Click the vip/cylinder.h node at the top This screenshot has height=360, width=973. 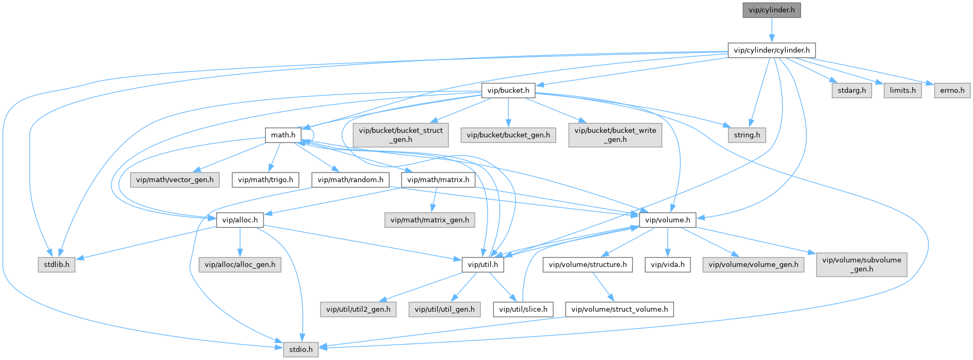(x=772, y=10)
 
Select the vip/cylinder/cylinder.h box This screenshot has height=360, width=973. (x=772, y=50)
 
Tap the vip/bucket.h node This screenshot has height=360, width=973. (x=508, y=90)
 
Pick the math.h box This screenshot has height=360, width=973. (x=283, y=135)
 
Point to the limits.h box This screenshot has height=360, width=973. (x=903, y=90)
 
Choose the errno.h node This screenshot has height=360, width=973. (x=952, y=90)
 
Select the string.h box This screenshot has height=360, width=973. (x=747, y=135)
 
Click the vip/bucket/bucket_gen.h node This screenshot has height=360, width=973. (x=508, y=135)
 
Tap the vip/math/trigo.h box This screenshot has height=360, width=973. (x=266, y=179)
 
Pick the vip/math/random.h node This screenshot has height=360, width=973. (x=351, y=179)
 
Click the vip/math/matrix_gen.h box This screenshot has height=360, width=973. (x=430, y=220)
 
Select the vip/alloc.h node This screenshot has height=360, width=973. (x=240, y=220)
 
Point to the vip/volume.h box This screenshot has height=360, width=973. (x=668, y=220)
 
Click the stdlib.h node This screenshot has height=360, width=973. (x=56, y=264)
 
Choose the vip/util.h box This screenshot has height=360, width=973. (x=483, y=264)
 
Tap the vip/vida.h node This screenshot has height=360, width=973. (x=668, y=264)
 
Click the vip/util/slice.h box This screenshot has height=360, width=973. (x=523, y=309)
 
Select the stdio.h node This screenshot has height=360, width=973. (x=301, y=349)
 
